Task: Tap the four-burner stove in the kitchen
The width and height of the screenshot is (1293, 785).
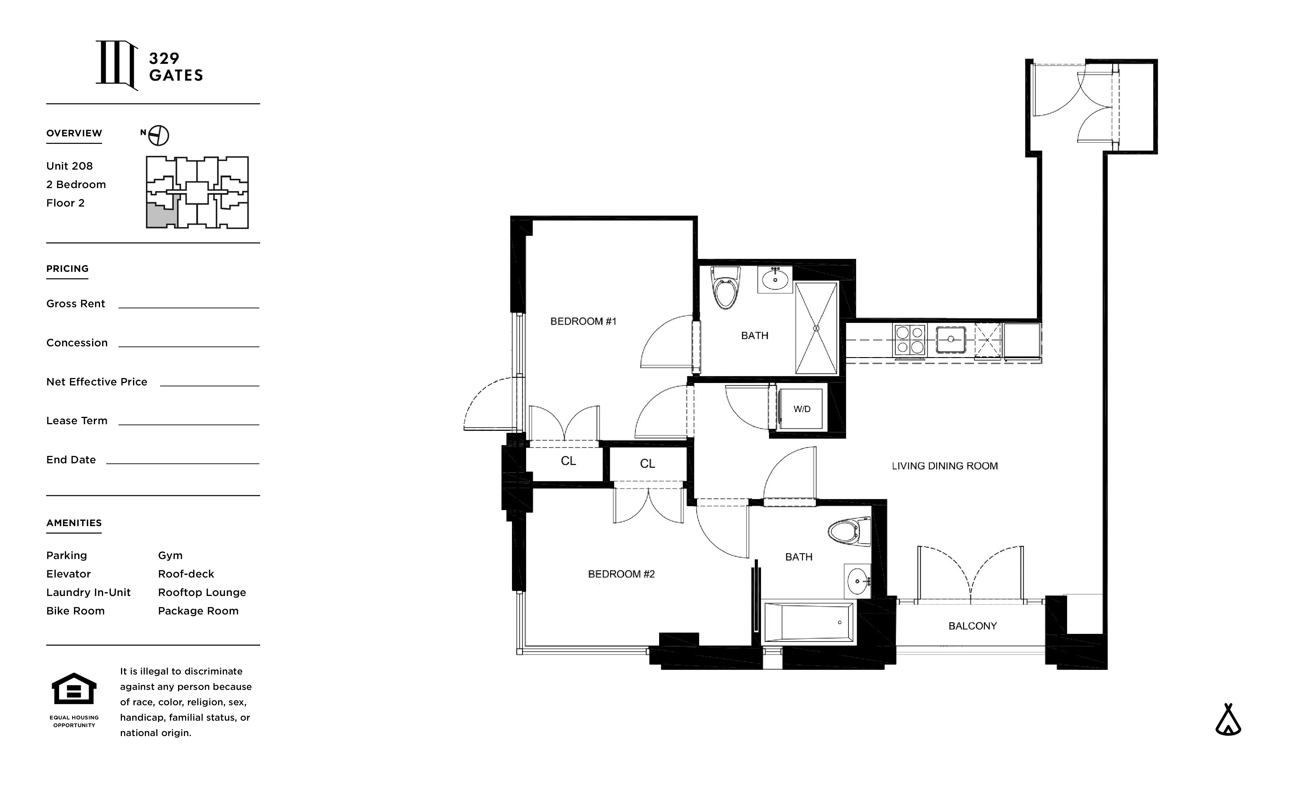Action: point(909,340)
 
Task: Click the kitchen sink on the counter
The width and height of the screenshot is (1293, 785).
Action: point(950,340)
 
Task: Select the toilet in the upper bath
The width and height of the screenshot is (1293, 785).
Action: point(725,289)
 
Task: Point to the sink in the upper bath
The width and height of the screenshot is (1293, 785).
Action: point(775,279)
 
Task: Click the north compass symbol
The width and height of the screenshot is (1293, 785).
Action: point(158,135)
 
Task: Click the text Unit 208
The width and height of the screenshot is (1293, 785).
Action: point(69,166)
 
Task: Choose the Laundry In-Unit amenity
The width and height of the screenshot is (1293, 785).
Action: point(88,592)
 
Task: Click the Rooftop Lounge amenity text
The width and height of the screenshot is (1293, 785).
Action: point(202,592)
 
